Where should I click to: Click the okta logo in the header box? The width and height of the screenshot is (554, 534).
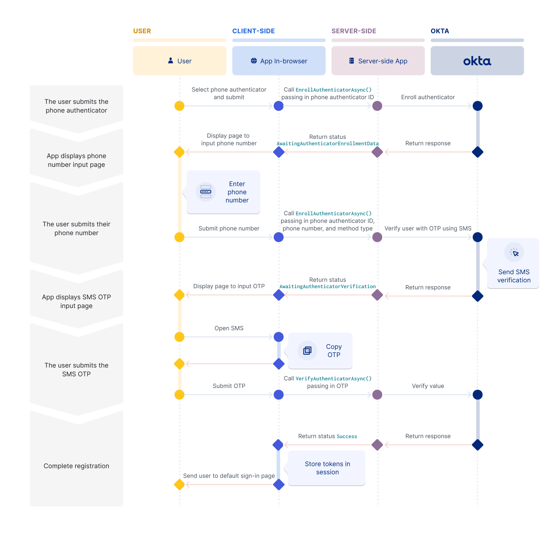477,61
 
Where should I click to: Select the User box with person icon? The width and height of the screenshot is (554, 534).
179,61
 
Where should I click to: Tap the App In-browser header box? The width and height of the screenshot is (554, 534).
279,61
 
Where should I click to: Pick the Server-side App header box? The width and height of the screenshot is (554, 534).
378,61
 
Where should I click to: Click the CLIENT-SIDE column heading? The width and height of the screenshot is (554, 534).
253,31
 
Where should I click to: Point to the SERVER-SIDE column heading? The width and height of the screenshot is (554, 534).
354,31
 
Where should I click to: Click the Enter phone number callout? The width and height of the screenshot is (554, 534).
224,192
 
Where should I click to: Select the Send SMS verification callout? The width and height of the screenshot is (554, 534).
514,264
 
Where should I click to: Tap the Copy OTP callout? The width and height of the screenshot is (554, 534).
320,351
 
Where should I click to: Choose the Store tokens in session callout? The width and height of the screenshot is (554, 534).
327,468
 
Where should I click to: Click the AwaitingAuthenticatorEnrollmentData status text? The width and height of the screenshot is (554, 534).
328,144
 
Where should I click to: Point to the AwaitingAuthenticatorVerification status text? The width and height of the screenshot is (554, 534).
328,287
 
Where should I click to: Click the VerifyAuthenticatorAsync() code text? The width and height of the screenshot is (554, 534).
333,379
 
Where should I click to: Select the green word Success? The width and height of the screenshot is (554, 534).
347,437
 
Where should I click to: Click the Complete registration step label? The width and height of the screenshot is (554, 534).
76,466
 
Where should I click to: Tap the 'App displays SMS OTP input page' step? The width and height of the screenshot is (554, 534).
76,301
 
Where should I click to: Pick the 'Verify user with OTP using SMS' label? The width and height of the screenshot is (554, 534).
428,229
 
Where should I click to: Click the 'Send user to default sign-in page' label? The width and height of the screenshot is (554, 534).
229,476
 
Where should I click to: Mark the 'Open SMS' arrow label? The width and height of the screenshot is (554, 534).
229,328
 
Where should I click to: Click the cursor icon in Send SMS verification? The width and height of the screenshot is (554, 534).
514,253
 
